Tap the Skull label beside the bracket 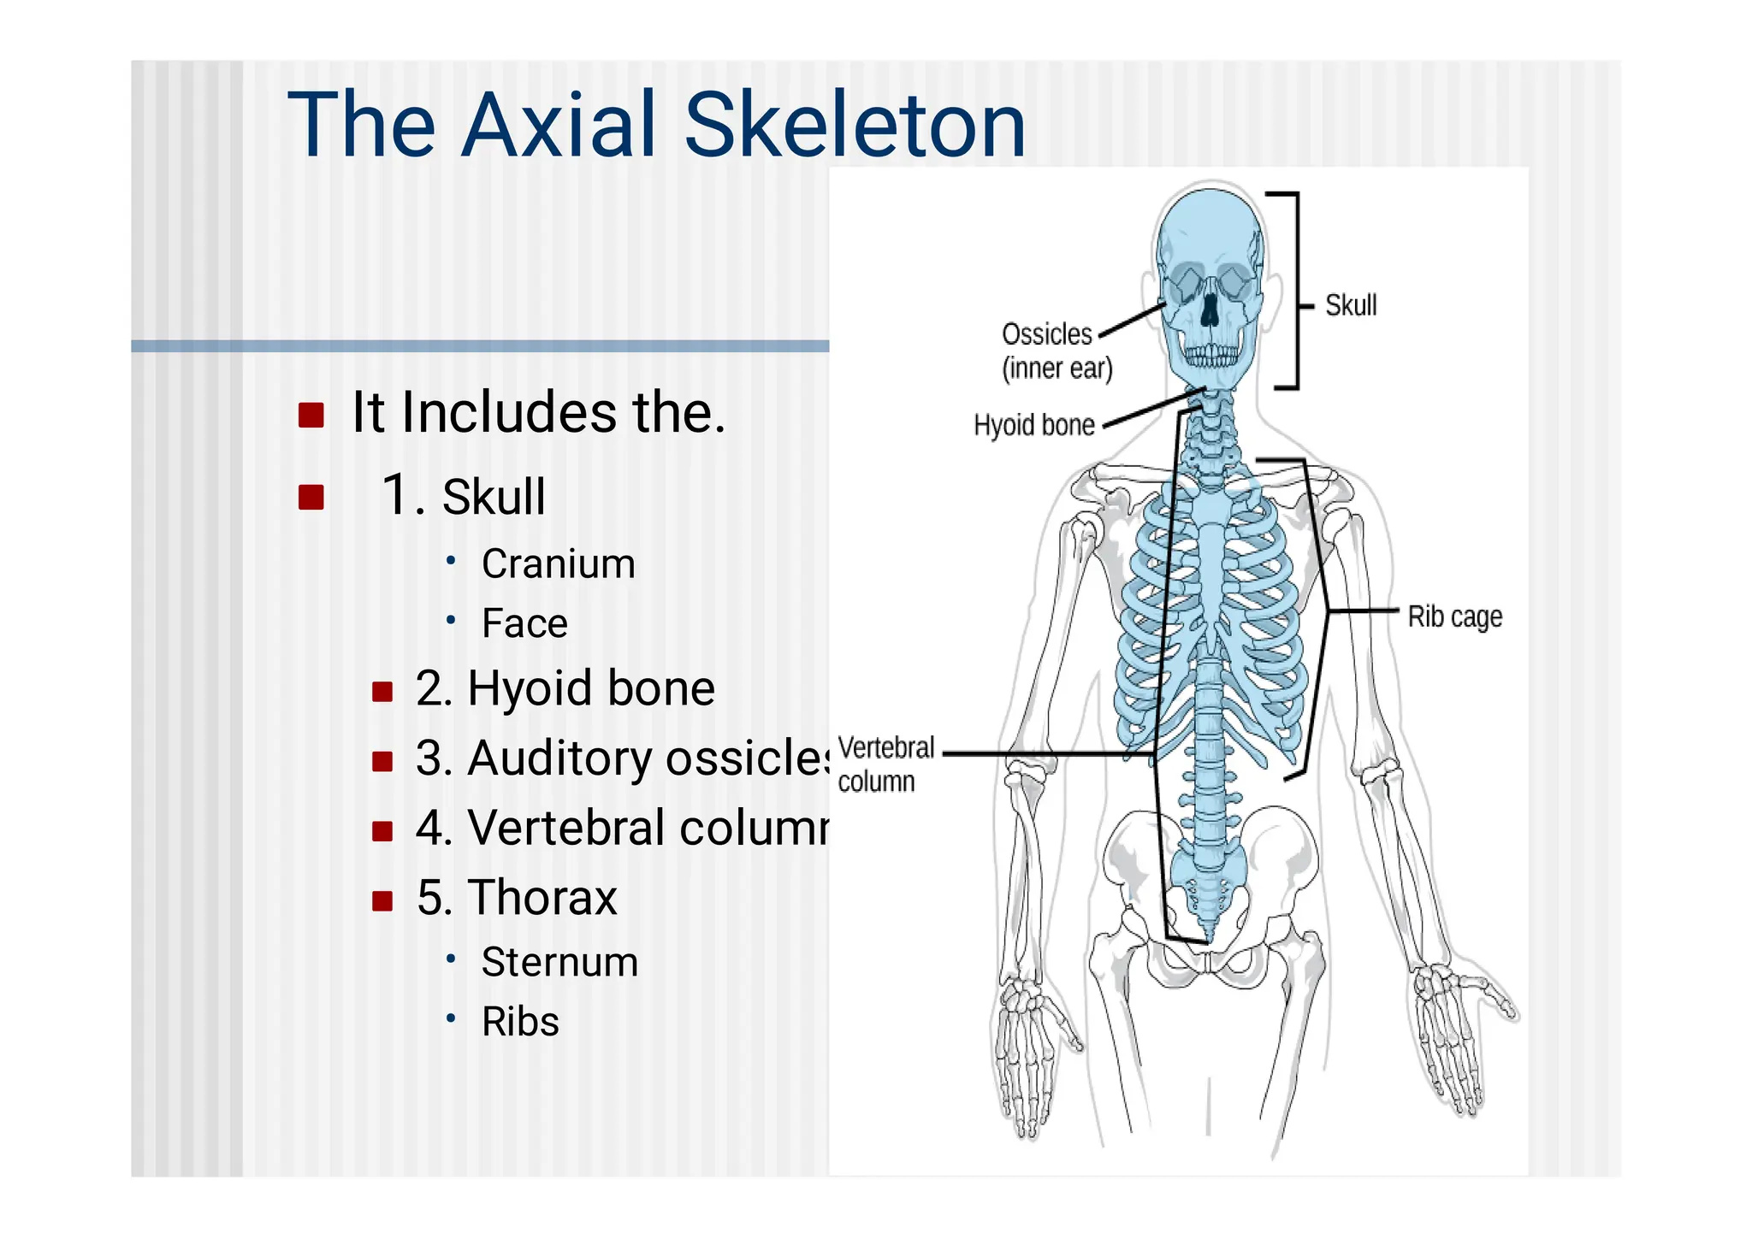[1351, 305]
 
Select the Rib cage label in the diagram [1454, 617]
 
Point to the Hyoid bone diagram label [1034, 425]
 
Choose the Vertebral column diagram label [885, 764]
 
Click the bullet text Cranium [558, 564]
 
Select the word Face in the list [524, 623]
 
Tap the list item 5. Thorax [517, 898]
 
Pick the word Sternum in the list [559, 962]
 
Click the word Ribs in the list [520, 1022]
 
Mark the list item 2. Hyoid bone [565, 688]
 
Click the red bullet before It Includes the [311, 415]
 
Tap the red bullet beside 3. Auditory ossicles [382, 760]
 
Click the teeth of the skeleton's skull [1210, 354]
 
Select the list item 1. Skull [464, 496]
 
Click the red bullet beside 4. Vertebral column [382, 830]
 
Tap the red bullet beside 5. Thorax [382, 900]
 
